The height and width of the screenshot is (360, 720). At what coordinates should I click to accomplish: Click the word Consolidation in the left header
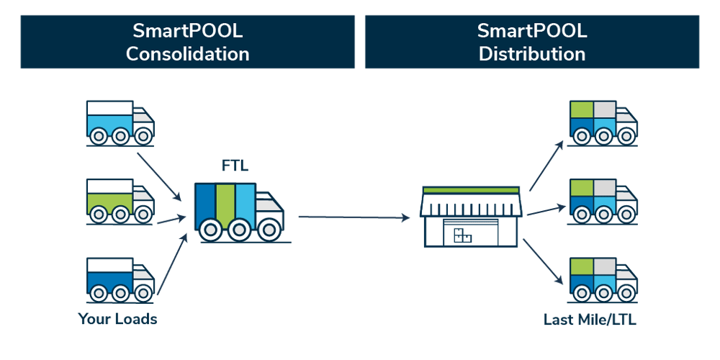(x=187, y=54)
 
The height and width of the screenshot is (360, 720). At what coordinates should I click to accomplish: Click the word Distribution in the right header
(x=532, y=54)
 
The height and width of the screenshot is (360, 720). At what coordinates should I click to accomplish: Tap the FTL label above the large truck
(x=235, y=168)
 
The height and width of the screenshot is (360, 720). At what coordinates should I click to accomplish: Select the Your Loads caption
(x=118, y=318)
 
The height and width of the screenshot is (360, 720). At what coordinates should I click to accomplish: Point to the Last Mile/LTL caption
(x=590, y=318)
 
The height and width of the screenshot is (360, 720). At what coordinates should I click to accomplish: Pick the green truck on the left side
(x=120, y=201)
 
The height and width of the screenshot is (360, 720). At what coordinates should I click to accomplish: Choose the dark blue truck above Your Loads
(x=120, y=279)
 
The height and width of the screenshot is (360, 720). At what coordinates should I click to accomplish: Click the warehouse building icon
(x=471, y=216)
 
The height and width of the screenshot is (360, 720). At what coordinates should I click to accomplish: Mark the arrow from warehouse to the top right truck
(x=545, y=167)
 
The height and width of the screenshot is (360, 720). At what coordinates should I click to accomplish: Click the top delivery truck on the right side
(x=602, y=122)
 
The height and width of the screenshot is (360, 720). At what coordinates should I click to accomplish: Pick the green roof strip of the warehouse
(x=471, y=190)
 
